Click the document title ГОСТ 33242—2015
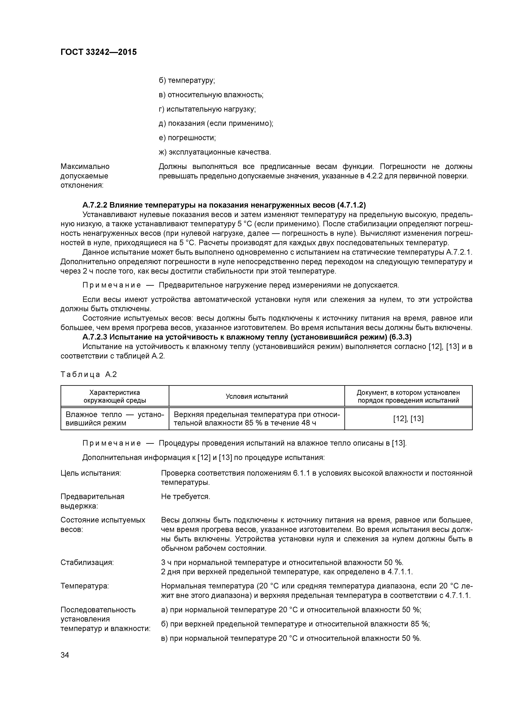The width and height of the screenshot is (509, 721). click(99, 52)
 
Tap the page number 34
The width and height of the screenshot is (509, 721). click(65, 655)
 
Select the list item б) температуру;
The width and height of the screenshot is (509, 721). click(187, 80)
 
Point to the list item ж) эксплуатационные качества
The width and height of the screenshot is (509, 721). click(214, 152)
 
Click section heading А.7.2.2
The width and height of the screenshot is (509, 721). click(224, 205)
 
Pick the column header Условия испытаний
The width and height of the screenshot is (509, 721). click(257, 396)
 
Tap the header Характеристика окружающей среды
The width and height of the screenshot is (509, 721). click(115, 396)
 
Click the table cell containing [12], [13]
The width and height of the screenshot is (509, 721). click(408, 419)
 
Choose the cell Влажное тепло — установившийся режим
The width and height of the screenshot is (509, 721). click(115, 419)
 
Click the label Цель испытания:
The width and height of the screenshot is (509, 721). click(91, 473)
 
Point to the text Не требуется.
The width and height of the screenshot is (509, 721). click(185, 497)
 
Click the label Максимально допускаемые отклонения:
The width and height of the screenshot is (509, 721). click(85, 176)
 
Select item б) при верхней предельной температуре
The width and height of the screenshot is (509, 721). click(295, 624)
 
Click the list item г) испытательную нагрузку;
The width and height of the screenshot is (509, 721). click(207, 109)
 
